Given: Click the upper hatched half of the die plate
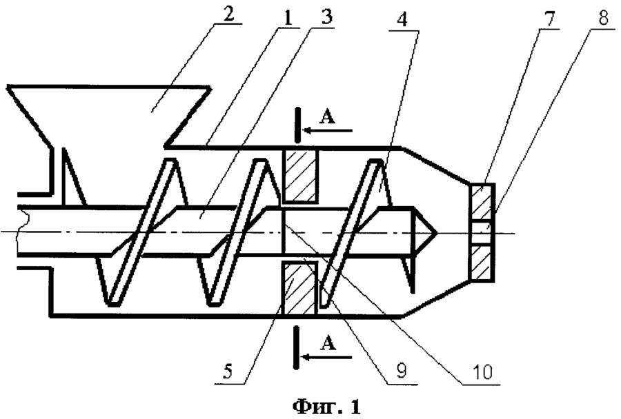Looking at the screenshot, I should tap(481, 202).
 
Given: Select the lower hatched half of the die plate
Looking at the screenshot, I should tap(481, 263).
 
